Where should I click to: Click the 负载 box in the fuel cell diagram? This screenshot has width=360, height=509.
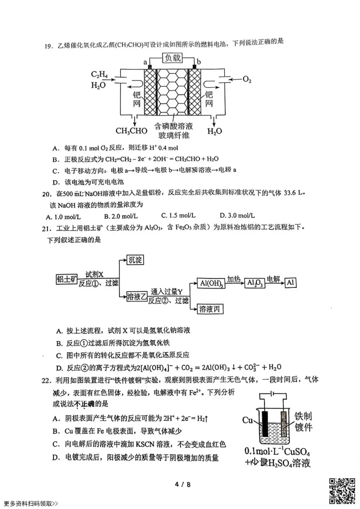(x=172, y=58)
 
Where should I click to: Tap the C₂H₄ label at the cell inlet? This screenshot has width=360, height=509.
(x=99, y=75)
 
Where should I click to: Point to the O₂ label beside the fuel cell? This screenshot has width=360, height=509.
(x=247, y=79)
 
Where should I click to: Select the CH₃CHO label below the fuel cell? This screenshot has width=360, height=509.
(x=131, y=131)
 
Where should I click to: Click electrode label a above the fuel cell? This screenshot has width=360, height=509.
(x=145, y=62)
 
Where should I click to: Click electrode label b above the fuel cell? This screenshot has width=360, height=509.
(x=199, y=62)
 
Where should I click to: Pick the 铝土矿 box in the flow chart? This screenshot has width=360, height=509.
(x=67, y=279)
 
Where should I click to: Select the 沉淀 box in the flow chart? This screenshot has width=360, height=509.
(x=135, y=260)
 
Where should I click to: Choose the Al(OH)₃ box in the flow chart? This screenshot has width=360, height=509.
(x=211, y=283)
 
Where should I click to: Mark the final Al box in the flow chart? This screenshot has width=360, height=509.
(x=290, y=283)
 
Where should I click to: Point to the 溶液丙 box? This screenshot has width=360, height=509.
(x=210, y=309)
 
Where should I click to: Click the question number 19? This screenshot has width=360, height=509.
(x=49, y=46)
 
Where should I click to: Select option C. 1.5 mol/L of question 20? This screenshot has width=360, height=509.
(x=179, y=216)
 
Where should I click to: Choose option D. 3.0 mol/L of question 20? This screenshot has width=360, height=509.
(x=237, y=216)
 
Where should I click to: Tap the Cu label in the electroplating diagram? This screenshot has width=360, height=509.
(x=248, y=420)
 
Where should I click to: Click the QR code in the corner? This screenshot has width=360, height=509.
(x=342, y=491)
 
